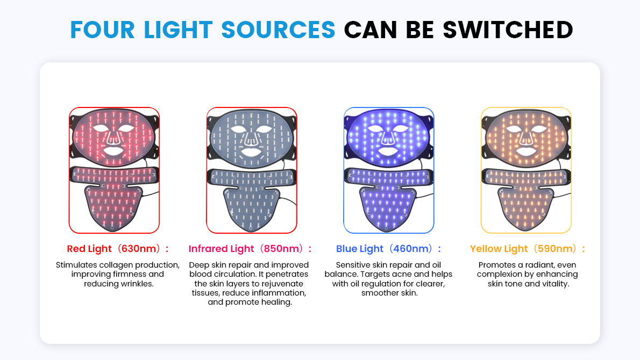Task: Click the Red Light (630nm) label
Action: pyautogui.click(x=117, y=249)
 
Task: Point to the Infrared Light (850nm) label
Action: pyautogui.click(x=250, y=249)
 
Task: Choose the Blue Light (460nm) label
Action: pyautogui.click(x=388, y=249)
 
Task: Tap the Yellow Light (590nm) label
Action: pyautogui.click(x=527, y=249)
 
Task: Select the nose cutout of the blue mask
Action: pyautogui.click(x=388, y=139)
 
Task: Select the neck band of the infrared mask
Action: pyautogui.click(x=251, y=176)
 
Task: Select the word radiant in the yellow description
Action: pyautogui.click(x=539, y=265)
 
